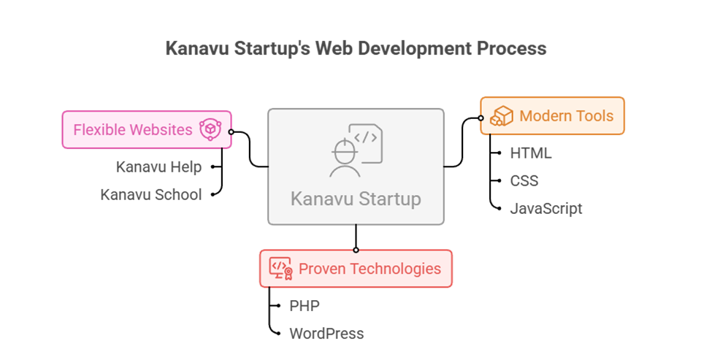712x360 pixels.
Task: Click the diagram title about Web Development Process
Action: [356, 49]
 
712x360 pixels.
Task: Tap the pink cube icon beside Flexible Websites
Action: [210, 130]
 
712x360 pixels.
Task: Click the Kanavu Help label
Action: [158, 166]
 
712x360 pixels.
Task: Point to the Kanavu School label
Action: [150, 194]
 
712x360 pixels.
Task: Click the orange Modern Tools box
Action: [553, 115]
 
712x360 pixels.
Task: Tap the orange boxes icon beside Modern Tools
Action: [502, 116]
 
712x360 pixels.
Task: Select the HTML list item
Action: [531, 153]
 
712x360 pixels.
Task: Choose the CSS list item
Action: [524, 180]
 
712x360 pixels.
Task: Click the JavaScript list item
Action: [546, 208]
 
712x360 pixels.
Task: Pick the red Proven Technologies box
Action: [356, 269]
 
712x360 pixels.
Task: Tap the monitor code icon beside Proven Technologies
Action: [281, 269]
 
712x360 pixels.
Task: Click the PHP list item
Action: [305, 306]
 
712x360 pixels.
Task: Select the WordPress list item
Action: [326, 334]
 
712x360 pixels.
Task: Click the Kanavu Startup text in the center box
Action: [356, 199]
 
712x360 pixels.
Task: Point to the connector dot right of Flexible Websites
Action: [231, 132]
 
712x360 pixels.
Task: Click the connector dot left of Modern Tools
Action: [481, 118]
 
